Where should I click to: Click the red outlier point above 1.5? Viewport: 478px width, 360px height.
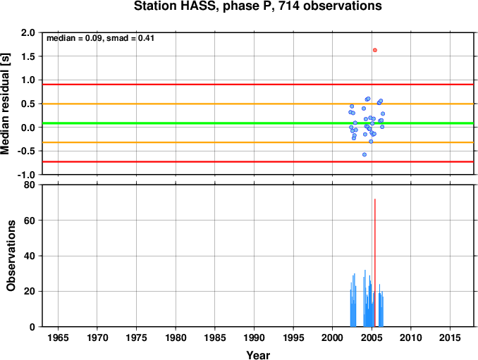coord(375,50)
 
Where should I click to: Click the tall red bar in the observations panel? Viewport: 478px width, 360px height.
coord(375,263)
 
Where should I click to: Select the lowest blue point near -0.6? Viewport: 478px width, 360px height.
coord(364,155)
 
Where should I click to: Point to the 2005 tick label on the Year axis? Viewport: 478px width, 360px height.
coord(372,337)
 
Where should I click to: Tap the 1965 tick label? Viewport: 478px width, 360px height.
coord(58,337)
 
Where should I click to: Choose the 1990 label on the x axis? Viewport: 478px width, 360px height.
coord(254,337)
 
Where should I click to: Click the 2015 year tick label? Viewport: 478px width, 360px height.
coord(450,337)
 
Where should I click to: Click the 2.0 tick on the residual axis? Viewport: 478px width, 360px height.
coord(28,32)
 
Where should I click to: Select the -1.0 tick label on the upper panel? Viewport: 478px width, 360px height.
coord(26,175)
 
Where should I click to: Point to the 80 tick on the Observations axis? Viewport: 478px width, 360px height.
coord(30,185)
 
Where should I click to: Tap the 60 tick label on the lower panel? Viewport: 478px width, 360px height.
coord(30,221)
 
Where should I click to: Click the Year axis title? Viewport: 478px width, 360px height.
coord(258,355)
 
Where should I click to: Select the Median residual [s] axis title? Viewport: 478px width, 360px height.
coord(5,104)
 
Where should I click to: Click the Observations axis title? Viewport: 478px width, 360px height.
coord(11,255)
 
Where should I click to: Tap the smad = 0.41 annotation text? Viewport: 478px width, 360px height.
coord(130,38)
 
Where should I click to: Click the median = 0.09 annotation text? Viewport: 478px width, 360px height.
coord(74,38)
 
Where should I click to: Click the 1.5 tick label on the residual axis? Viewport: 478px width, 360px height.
coord(28,56)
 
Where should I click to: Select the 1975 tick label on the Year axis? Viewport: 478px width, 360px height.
coord(136,337)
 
